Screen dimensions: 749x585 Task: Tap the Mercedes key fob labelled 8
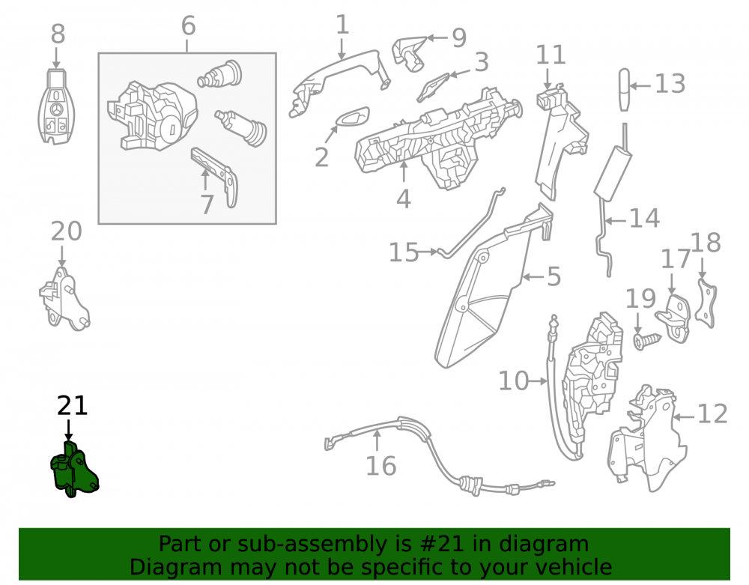[x=56, y=106]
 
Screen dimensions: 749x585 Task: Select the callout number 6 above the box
[x=188, y=25]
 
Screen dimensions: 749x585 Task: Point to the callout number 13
[x=670, y=84]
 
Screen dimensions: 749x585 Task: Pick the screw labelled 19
[x=648, y=341]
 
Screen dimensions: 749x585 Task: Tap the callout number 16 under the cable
[x=380, y=466]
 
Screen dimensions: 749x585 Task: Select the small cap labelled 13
[x=625, y=90]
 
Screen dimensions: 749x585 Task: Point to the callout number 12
[x=712, y=413]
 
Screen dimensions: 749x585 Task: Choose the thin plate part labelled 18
[x=706, y=303]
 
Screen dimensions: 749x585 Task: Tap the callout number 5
[x=554, y=276]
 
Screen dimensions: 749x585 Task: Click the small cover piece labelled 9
[x=410, y=52]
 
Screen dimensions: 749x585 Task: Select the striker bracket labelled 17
[x=673, y=318]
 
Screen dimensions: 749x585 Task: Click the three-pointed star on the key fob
[x=56, y=110]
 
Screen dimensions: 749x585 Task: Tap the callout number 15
[x=404, y=252]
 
